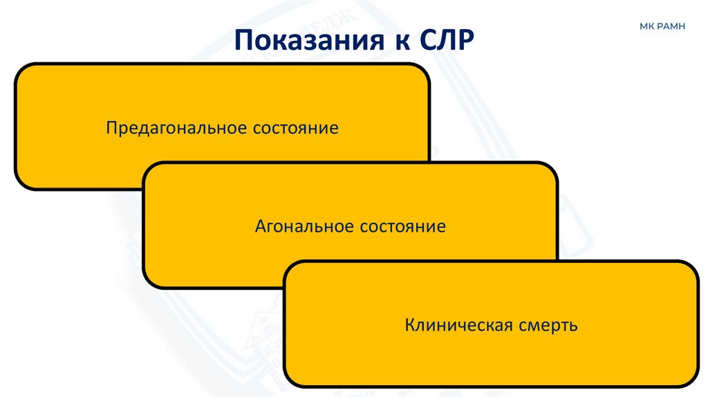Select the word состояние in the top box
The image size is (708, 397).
295,128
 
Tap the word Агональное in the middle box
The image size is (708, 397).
298,226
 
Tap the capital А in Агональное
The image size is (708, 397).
260,226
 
